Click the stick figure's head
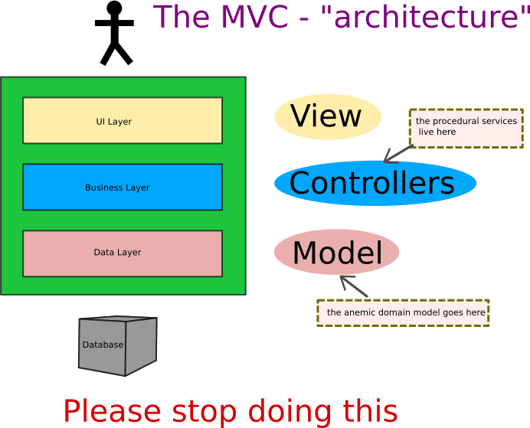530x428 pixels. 114,8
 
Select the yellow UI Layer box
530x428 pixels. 123,120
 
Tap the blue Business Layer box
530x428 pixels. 123,187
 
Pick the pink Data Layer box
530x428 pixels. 123,253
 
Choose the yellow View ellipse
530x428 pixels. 327,117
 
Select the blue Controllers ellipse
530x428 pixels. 375,184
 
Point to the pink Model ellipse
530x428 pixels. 337,253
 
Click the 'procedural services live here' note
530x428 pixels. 466,127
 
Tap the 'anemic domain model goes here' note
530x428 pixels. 403,312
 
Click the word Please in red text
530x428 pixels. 112,412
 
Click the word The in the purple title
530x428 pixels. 181,17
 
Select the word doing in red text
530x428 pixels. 283,412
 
